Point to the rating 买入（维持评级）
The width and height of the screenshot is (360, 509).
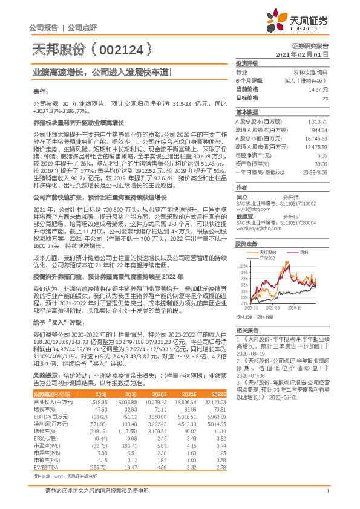tap(308, 80)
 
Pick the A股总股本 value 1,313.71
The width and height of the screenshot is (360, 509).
tap(317, 122)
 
